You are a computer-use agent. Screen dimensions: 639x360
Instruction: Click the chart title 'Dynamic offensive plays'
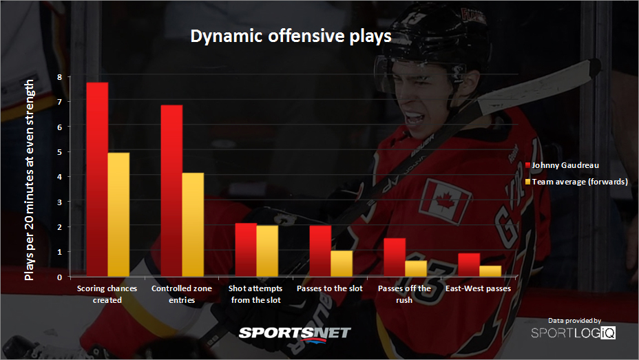[291, 36]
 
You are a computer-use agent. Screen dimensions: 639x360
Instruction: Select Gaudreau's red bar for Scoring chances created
[97, 180]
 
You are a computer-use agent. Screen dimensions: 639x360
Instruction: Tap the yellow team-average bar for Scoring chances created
[118, 215]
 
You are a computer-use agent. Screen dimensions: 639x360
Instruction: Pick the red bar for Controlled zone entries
[171, 191]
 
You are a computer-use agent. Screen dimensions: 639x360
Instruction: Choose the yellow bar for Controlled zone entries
[193, 225]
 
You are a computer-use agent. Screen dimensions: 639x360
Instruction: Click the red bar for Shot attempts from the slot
[246, 250]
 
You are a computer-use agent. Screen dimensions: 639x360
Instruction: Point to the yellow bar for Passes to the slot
[342, 264]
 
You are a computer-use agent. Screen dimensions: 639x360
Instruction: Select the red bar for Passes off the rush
[395, 257]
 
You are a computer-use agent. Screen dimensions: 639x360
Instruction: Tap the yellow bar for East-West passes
[490, 271]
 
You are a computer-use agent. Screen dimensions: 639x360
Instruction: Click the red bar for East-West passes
[469, 265]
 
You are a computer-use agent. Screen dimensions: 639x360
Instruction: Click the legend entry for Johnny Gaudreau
[562, 165]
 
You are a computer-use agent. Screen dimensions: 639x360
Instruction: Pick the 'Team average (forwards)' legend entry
[576, 182]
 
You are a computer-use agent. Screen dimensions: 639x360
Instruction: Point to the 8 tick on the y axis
[60, 77]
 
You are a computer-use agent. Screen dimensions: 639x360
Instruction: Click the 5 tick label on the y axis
[60, 152]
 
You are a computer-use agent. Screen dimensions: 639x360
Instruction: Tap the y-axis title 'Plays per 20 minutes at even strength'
[29, 180]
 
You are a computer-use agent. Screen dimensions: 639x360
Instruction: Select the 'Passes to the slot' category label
[330, 288]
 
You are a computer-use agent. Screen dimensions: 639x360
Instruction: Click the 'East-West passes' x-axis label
[478, 288]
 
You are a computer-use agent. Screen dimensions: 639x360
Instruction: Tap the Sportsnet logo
[294, 334]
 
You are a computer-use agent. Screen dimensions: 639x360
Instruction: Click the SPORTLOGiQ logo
[574, 332]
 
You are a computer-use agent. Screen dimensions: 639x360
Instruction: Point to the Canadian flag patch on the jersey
[445, 201]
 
